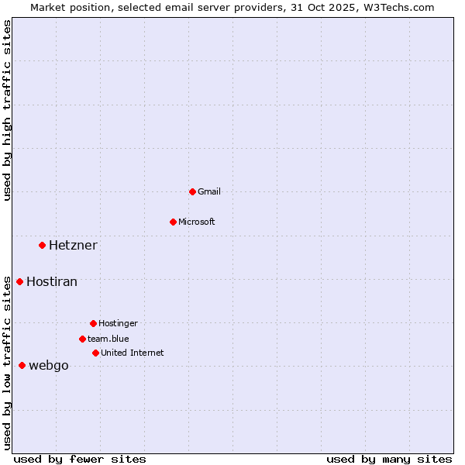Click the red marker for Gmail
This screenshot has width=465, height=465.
[192, 191]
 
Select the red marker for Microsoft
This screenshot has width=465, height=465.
[173, 222]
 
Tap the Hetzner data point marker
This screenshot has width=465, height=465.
[42, 246]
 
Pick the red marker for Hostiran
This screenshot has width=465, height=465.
[19, 281]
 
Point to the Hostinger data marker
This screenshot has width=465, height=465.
[93, 323]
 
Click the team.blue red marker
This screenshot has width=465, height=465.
[82, 339]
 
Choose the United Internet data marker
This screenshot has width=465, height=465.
[95, 353]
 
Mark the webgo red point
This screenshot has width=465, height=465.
[22, 365]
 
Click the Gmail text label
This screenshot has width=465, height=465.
[209, 191]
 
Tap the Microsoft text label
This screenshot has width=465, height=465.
[197, 222]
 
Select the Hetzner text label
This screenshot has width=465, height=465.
[73, 246]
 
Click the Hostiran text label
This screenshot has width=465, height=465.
[52, 281]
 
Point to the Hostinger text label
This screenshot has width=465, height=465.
[118, 323]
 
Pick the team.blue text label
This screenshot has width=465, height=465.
[108, 339]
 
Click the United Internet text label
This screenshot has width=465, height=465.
[133, 353]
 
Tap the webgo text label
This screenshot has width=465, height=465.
[49, 365]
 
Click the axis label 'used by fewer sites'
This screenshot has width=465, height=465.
[80, 459]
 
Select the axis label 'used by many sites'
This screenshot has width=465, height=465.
[389, 459]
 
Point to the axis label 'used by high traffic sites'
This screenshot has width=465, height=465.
[7, 110]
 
